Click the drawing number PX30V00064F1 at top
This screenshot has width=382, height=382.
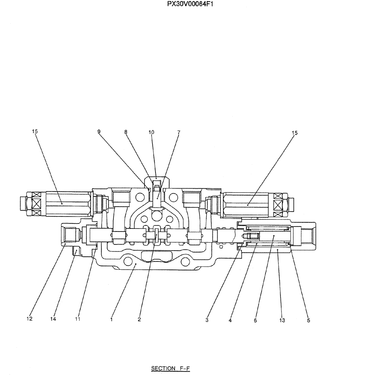191,5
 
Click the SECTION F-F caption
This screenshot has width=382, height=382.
170,369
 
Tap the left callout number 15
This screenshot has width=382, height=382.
35,131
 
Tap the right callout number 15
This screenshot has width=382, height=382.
295,133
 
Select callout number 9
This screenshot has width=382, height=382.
99,132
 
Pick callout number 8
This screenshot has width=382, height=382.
126,132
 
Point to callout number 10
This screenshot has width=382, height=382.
151,132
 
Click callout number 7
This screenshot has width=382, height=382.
178,132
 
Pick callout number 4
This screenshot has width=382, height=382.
230,320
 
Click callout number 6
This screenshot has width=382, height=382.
255,320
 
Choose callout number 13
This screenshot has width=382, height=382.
282,320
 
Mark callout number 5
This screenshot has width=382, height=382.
308,320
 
